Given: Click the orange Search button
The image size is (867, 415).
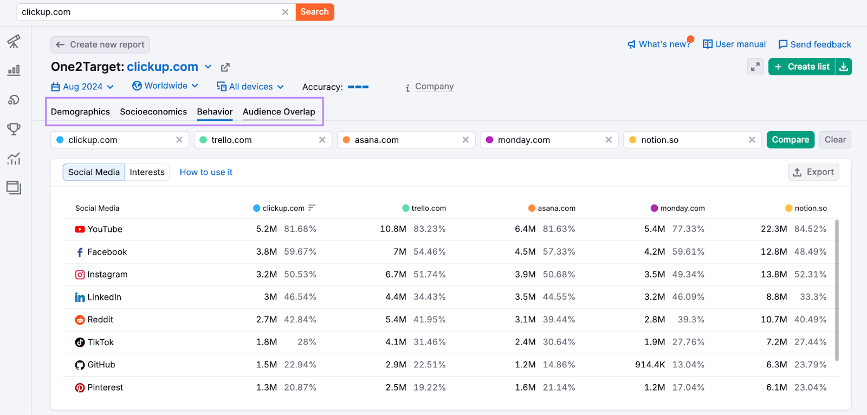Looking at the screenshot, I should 314,12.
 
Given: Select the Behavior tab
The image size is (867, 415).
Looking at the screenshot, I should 215,112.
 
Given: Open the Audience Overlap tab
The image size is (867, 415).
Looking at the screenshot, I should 279,112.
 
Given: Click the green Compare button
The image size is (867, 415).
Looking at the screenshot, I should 790,140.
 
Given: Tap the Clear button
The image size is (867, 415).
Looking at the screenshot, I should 834,140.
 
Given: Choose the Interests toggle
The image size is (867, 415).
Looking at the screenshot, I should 147,172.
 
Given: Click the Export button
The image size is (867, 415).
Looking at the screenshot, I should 813,172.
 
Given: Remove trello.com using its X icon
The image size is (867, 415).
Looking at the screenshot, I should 322,140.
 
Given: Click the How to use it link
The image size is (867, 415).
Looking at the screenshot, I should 206,172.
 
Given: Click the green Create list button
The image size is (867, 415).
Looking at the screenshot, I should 802,67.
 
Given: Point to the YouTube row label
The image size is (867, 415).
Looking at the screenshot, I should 105,229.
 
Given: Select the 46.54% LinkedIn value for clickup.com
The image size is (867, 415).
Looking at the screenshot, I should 300,297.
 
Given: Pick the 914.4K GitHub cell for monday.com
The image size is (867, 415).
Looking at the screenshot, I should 650,365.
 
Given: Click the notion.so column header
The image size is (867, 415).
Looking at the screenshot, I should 810,208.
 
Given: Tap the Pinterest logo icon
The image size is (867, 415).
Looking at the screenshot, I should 80,388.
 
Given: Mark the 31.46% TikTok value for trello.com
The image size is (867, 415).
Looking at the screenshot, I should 429,342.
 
